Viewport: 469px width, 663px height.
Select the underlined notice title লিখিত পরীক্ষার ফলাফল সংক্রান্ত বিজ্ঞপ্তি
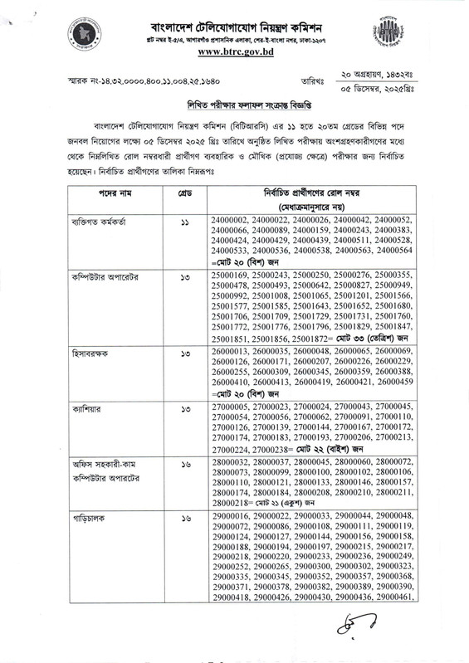point(234,107)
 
